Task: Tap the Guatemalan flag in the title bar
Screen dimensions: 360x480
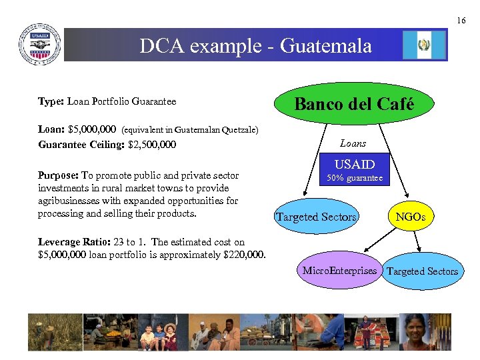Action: pos(423,45)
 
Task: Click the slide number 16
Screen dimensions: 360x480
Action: pos(461,21)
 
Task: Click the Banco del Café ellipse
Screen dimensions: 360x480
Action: pos(354,104)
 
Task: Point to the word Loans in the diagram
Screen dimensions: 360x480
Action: pos(353,143)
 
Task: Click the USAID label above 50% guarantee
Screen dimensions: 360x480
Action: pos(355,164)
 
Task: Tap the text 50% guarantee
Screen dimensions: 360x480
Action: pos(355,178)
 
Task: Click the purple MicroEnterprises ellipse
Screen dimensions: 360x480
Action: pos(339,271)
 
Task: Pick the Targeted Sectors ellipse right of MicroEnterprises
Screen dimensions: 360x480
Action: pos(422,271)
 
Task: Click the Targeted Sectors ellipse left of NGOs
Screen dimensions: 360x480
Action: pos(316,217)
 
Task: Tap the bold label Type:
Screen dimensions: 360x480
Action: pos(51,101)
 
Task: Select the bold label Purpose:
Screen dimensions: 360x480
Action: pos(58,176)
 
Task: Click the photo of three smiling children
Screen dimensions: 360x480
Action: pos(159,333)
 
